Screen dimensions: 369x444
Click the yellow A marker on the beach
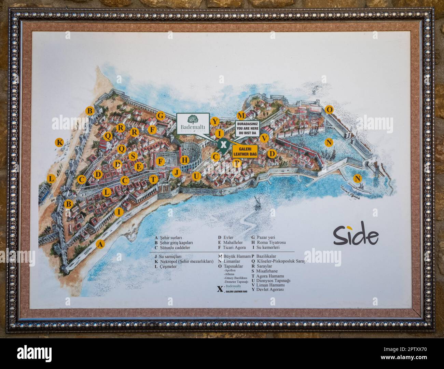click(100, 244)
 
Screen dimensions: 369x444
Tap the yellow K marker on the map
click(59, 142)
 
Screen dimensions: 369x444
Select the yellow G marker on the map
click(160, 116)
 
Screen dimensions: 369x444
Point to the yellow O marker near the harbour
click(329, 110)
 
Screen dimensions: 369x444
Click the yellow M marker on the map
click(241, 115)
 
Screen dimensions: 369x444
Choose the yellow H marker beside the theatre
click(185, 160)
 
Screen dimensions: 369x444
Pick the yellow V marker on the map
click(264, 138)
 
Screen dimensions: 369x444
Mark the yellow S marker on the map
click(134, 156)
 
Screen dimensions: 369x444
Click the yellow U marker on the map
click(196, 176)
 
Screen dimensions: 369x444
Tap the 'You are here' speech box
click(248, 128)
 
